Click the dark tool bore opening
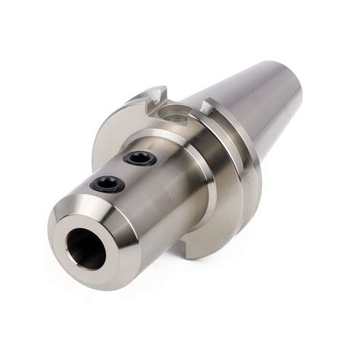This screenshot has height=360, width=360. coord(85,248)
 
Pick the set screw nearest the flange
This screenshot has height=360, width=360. coord(139,159)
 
